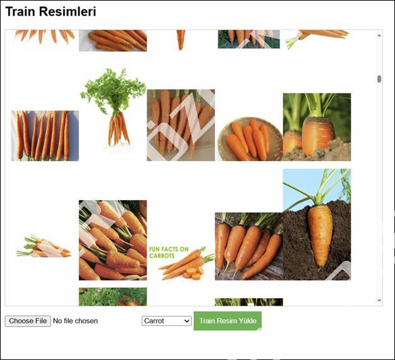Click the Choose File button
tap(28, 321)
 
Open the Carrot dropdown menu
tap(166, 321)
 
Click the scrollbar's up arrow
tap(379, 35)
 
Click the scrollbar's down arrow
tap(379, 301)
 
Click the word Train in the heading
tap(20, 11)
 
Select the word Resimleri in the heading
tap(68, 11)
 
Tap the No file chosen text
tap(75, 321)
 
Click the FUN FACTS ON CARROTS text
tap(169, 253)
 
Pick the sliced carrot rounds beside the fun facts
tap(193, 273)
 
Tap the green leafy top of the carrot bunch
tap(113, 90)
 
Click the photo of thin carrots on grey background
tap(45, 136)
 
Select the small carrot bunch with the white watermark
tap(44, 246)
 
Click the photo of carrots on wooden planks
tap(249, 246)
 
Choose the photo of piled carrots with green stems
tap(113, 240)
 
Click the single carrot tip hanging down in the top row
tap(180, 40)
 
